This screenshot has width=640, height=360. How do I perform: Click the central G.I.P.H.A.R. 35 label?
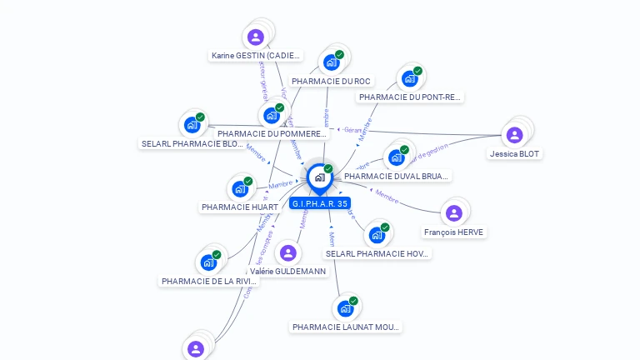[320, 203]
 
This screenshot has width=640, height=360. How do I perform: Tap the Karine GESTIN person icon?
[256, 37]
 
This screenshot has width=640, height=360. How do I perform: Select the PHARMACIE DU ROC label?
[332, 82]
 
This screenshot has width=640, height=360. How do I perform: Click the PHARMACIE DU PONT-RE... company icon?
[409, 79]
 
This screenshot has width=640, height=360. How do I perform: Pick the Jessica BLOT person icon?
[514, 135]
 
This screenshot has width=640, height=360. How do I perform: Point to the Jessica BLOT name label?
[514, 154]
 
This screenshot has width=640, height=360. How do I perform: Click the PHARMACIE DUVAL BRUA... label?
[397, 177]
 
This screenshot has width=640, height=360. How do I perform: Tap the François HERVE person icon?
[453, 213]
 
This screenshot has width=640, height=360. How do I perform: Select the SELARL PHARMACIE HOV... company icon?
[377, 235]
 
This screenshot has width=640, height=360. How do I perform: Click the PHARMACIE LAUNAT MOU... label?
[346, 327]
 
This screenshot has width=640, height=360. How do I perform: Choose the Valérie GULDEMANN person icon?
[288, 252]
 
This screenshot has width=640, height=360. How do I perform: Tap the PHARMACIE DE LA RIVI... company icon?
[208, 262]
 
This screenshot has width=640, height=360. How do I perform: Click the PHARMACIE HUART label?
[239, 207]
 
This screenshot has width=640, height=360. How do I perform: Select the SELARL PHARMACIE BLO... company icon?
[192, 125]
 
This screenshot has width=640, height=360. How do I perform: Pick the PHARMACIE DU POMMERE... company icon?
[272, 115]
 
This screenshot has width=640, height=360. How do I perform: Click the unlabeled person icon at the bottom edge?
[196, 348]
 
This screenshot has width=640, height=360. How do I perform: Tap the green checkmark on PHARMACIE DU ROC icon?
[340, 55]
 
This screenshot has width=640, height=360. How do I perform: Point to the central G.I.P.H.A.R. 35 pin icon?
[319, 177]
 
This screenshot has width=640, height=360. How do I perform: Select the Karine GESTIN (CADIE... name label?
[256, 56]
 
